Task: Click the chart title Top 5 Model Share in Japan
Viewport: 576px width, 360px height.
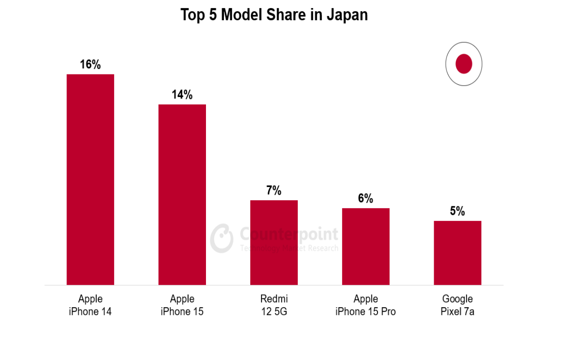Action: point(274,15)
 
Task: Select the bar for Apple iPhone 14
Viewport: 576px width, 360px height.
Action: point(90,180)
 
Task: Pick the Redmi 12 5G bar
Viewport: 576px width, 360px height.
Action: point(274,242)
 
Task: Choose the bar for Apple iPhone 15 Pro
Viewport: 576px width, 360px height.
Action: point(366,246)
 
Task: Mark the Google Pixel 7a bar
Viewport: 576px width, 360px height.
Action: point(457,253)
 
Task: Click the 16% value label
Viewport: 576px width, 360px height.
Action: point(90,65)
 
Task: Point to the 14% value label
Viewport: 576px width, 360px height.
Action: point(182,95)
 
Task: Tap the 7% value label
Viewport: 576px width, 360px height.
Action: point(274,190)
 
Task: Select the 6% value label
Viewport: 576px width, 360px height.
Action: point(366,198)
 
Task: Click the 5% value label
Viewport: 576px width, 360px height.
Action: point(457,211)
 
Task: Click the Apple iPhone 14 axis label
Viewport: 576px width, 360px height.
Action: point(90,305)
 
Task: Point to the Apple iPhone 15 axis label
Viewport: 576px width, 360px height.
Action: point(182,305)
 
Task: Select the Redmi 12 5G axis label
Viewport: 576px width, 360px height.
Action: point(274,305)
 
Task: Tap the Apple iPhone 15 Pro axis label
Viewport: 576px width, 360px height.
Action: point(366,305)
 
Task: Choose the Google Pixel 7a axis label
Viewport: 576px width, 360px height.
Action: point(457,305)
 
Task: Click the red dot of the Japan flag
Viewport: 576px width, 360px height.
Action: point(464,64)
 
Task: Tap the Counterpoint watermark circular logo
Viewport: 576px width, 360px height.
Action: point(222,238)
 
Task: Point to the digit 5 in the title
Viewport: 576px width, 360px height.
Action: point(213,15)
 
